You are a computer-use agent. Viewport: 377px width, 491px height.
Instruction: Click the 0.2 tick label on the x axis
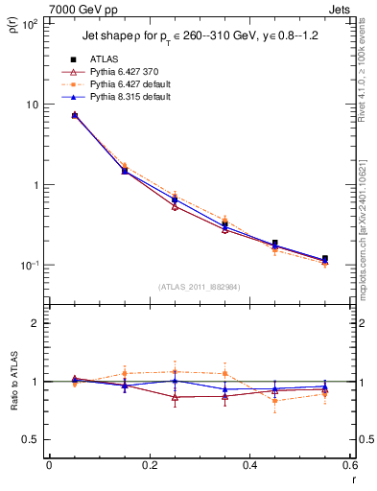[x=150, y=466]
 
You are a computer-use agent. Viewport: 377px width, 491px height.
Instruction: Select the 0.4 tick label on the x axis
[x=249, y=466]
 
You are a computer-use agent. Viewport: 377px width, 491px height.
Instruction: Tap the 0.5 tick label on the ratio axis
[x=32, y=439]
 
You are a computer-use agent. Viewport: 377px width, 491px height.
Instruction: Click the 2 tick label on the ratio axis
[x=35, y=323]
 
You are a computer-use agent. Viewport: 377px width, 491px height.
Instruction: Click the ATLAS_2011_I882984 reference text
[x=199, y=286]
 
